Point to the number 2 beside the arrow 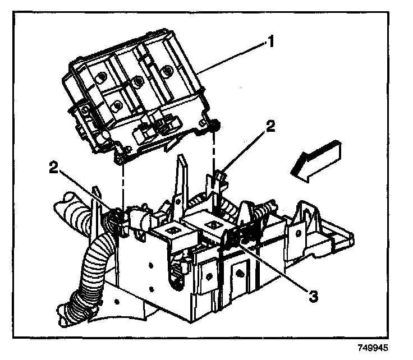click(x=270, y=127)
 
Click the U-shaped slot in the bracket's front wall click(x=169, y=269)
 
